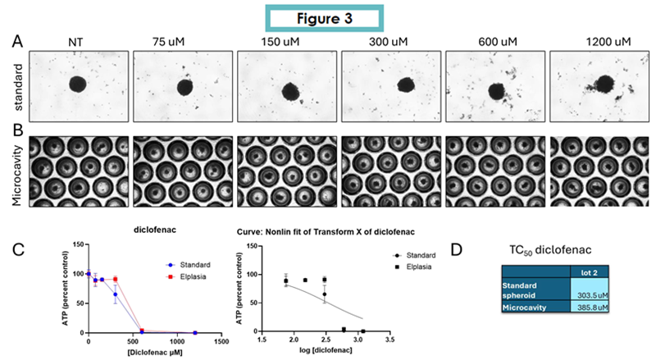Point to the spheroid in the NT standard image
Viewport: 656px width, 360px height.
pyautogui.click(x=78, y=84)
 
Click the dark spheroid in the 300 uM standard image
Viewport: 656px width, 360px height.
pyautogui.click(x=404, y=84)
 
